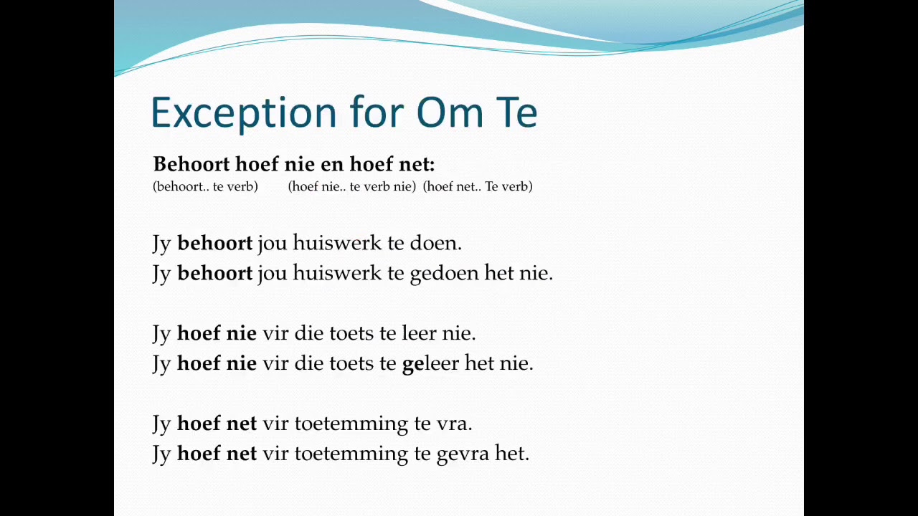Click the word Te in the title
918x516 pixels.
coord(516,113)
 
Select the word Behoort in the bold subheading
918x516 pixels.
coord(191,164)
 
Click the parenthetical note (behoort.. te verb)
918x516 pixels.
coord(205,186)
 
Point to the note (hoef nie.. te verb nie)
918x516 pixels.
coord(351,186)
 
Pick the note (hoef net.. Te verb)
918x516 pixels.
coord(478,186)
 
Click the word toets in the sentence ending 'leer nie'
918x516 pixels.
coord(351,333)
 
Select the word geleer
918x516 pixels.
coord(430,363)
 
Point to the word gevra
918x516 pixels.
coord(463,454)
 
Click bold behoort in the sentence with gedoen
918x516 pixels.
coord(214,273)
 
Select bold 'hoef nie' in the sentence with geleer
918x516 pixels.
coord(217,363)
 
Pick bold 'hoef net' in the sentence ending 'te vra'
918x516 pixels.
coord(217,424)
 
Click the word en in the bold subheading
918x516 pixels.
coord(332,164)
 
